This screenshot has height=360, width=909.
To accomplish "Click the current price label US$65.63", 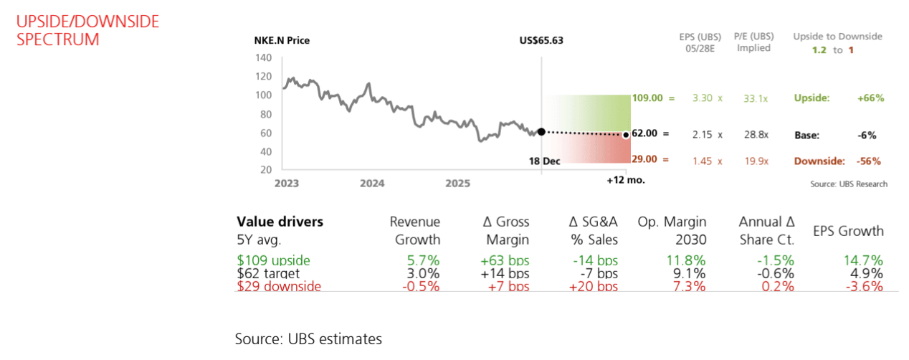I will click(x=541, y=40).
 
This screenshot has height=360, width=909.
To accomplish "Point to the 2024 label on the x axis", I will click(x=372, y=184).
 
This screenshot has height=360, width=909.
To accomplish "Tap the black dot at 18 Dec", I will click(x=541, y=131).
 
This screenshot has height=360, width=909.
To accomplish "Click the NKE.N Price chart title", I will click(x=282, y=40).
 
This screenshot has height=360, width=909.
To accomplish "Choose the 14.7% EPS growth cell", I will click(x=865, y=260).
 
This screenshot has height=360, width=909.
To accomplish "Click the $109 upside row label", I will click(x=273, y=260).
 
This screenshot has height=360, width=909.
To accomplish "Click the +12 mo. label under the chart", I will click(x=625, y=179).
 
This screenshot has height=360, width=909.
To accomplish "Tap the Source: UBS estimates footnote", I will click(x=308, y=338).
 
